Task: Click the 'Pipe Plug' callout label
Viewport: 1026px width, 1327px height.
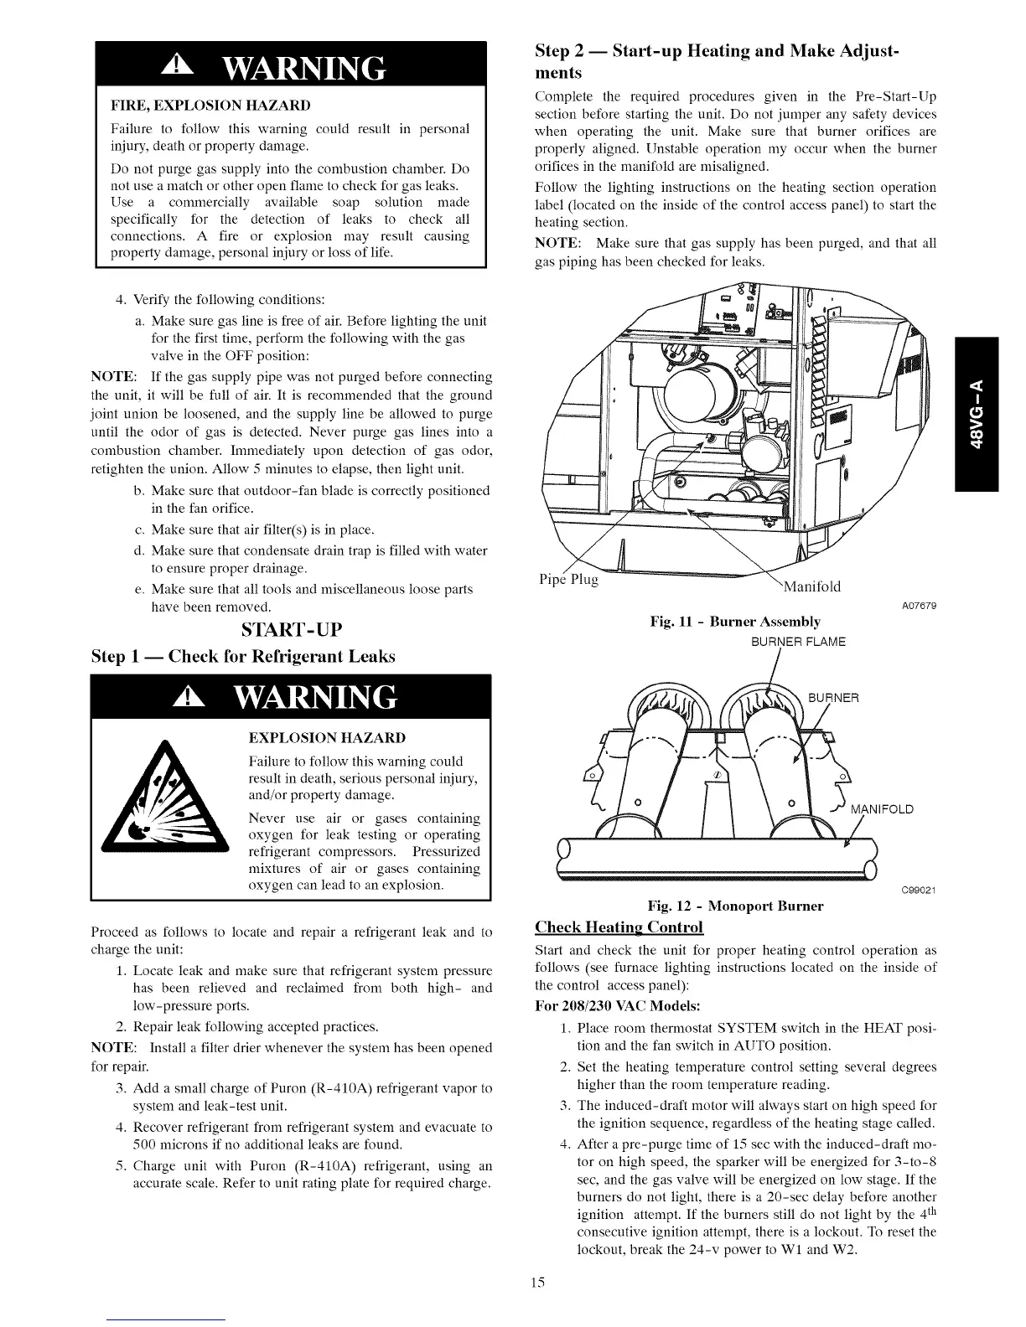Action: click(x=567, y=581)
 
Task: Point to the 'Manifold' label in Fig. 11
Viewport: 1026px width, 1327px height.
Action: click(x=811, y=586)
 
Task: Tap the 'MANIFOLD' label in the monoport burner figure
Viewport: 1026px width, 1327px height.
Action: click(x=882, y=809)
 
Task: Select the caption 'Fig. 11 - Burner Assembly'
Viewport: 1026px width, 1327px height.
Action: click(x=735, y=621)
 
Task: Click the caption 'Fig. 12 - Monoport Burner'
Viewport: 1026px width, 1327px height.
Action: click(x=735, y=906)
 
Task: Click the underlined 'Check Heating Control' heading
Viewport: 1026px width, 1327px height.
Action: click(x=619, y=927)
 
